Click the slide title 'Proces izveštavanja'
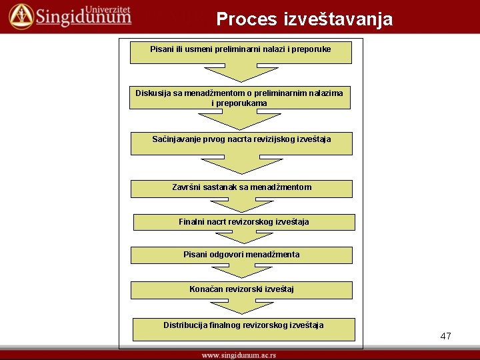[x=305, y=19]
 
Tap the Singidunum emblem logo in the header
[x=20, y=16]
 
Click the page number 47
[x=445, y=336]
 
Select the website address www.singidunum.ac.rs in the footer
[x=239, y=355]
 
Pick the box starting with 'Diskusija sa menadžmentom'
[x=239, y=98]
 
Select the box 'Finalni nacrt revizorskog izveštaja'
[x=244, y=222]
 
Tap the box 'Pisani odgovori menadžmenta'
[x=241, y=255]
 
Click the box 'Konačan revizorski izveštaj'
[x=241, y=290]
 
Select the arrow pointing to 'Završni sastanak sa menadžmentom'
[x=241, y=165]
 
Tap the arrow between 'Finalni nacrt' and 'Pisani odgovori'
[x=244, y=237]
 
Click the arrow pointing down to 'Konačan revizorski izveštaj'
[x=241, y=270]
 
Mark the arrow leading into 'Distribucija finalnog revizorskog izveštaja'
[x=241, y=307]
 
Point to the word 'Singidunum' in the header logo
[x=83, y=18]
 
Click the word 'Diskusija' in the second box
[x=153, y=93]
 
